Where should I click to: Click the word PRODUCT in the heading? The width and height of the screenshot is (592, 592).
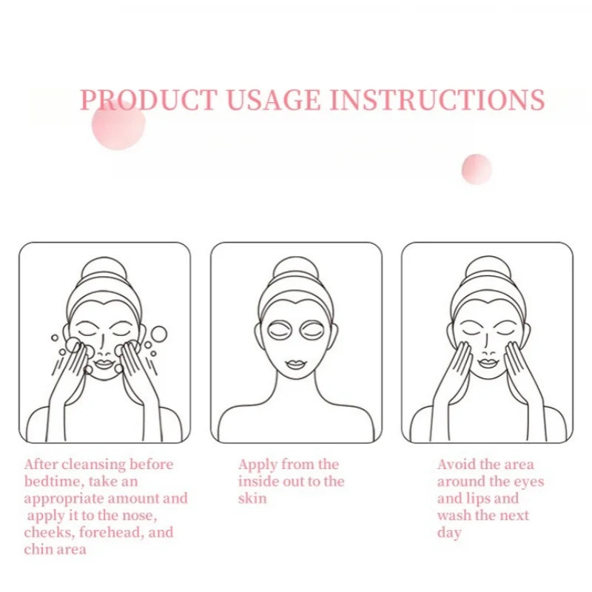(x=148, y=100)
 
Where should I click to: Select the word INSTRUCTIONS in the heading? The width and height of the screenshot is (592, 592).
(x=437, y=100)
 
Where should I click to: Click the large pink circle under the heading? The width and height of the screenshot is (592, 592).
(x=118, y=124)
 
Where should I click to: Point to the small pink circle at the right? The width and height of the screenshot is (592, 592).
(x=477, y=169)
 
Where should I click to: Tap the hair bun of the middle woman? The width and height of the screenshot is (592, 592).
(x=296, y=269)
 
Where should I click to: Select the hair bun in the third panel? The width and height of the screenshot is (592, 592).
(x=487, y=269)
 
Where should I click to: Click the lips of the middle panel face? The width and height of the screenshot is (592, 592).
(x=296, y=365)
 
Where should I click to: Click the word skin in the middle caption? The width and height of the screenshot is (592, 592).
(x=252, y=499)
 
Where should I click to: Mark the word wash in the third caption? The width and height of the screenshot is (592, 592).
(x=454, y=516)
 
